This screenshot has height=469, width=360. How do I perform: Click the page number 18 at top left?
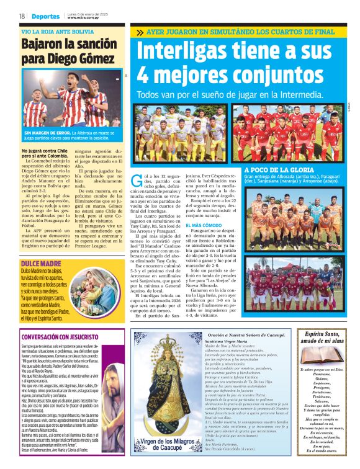(22, 16)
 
